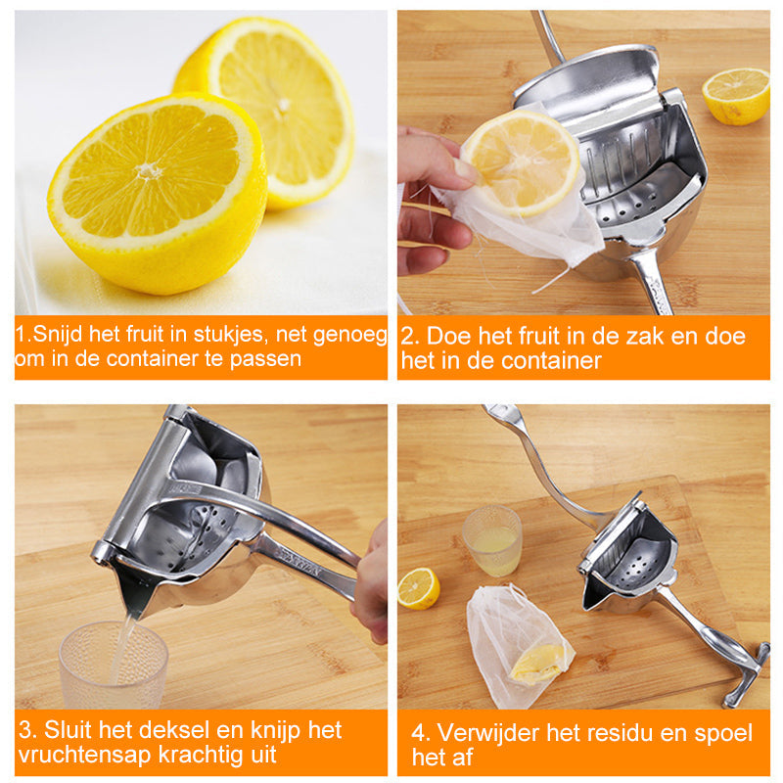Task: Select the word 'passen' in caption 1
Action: tap(265, 359)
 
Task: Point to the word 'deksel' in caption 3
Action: tap(179, 729)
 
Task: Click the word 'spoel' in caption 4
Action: tap(722, 734)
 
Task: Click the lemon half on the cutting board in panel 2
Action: tap(736, 96)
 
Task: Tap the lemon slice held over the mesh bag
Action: tap(522, 162)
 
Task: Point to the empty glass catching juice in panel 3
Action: tap(114, 665)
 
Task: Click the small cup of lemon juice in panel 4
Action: tap(492, 540)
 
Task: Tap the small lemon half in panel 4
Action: tap(419, 588)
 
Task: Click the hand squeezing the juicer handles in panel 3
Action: tap(372, 584)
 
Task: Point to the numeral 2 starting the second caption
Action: tap(407, 337)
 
